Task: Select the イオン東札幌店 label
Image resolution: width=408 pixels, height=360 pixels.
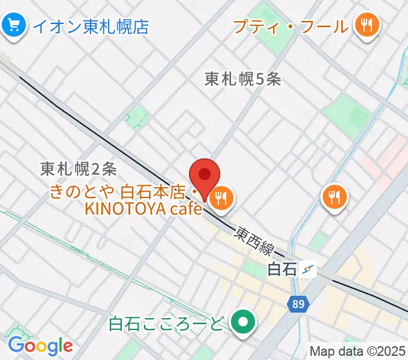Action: click(91, 26)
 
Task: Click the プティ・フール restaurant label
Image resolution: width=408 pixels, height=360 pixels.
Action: click(290, 26)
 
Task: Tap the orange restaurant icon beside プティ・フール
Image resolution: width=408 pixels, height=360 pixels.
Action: click(366, 26)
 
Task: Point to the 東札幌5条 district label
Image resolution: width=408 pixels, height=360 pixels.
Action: click(242, 79)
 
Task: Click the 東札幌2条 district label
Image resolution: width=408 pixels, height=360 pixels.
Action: click(79, 169)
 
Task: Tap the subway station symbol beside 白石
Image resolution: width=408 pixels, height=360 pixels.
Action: click(308, 270)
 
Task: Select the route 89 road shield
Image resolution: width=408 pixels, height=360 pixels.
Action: click(298, 305)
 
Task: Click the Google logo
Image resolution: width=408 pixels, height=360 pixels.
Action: click(40, 346)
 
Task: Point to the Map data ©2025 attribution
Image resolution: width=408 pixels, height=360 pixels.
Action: click(358, 352)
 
